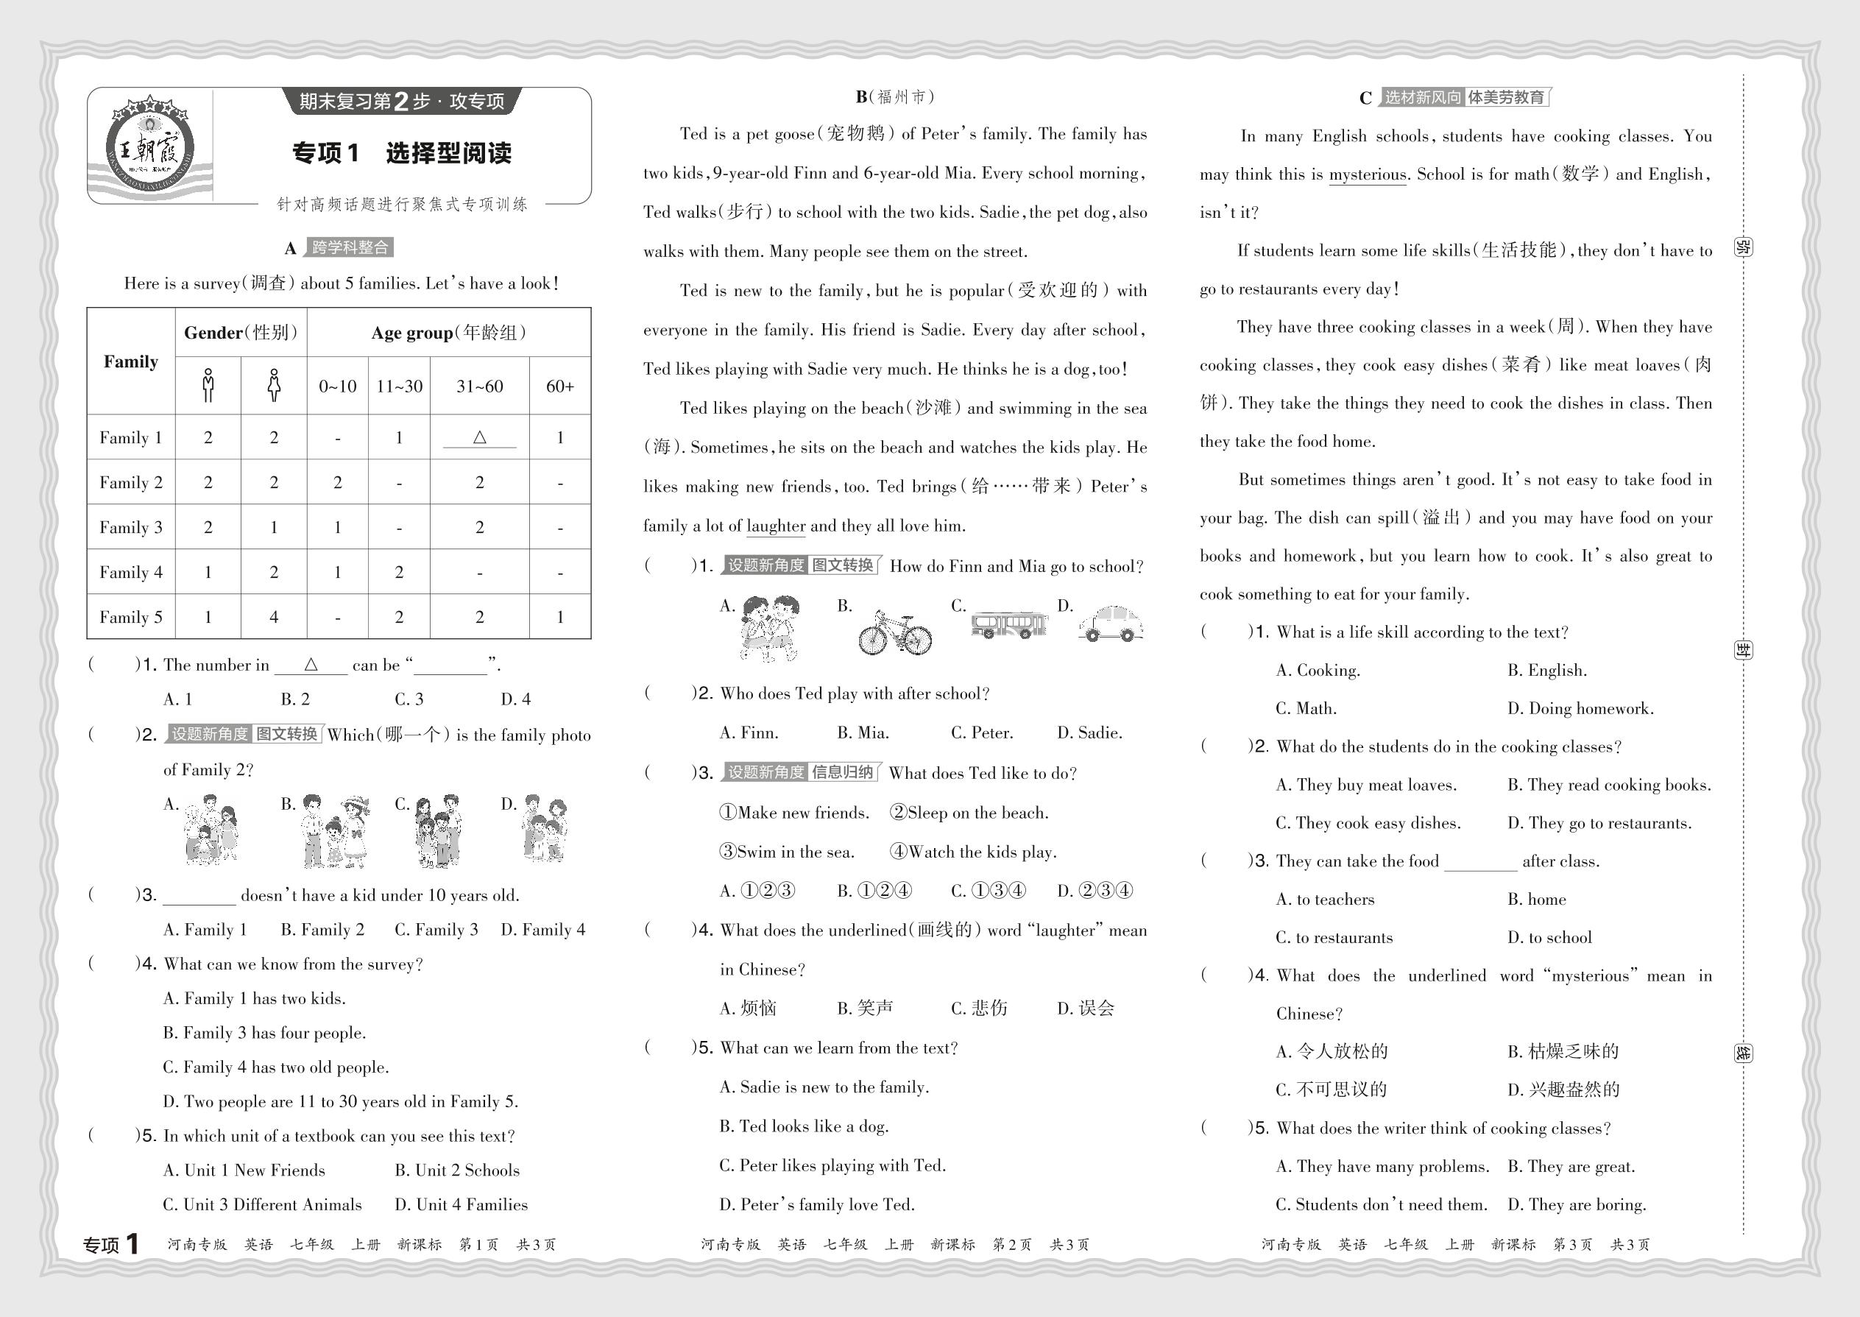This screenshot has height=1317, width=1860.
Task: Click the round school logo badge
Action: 150,146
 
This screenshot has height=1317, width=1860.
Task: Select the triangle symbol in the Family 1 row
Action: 479,437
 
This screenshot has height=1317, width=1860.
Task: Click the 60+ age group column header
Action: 559,386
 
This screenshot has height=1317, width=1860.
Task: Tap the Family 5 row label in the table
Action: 130,617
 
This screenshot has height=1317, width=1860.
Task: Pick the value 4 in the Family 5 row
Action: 274,617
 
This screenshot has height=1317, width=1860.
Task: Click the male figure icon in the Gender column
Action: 208,385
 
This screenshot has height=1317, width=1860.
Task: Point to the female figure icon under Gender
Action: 274,385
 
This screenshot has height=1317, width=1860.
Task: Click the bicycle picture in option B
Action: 895,632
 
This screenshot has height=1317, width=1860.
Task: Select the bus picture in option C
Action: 1009,624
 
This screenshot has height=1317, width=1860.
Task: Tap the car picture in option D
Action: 1111,624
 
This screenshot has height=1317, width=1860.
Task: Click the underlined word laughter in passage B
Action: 776,526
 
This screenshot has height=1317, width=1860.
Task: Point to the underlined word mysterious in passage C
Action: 1367,174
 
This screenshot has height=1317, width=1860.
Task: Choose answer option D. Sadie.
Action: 1090,733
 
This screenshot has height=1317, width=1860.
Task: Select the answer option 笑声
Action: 865,1008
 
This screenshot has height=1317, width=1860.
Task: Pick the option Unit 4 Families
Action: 462,1205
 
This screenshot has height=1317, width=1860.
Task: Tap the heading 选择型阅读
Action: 448,153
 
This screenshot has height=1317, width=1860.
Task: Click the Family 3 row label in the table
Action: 130,527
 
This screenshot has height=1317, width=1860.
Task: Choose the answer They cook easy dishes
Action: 1368,823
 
